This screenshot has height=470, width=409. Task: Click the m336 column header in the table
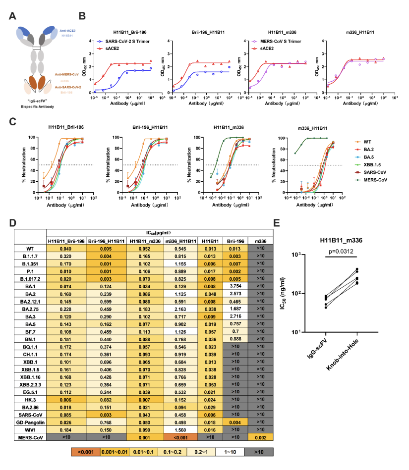point(260,241)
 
